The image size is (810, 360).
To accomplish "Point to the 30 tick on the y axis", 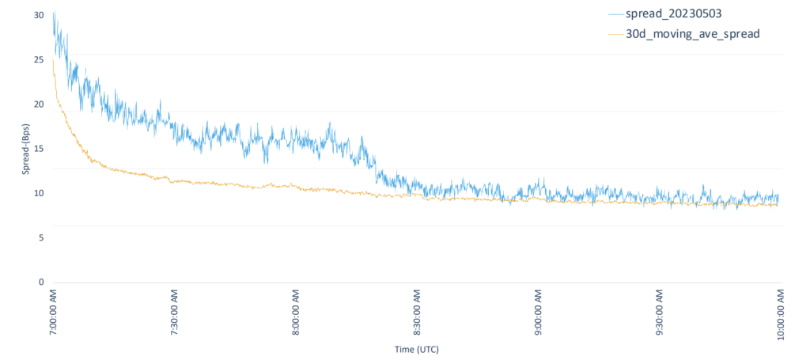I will [40, 15].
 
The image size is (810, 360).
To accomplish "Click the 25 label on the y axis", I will [40, 59].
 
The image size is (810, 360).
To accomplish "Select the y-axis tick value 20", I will [40, 104].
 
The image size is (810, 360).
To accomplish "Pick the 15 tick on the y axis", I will [40, 149].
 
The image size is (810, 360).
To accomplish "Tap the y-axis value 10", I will [40, 193].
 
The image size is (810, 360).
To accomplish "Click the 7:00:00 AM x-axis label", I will [53, 313].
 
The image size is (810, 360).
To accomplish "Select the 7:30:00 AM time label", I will [174, 313].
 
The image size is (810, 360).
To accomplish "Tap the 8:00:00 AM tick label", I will [296, 313].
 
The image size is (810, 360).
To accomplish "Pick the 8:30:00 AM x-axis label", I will [417, 313].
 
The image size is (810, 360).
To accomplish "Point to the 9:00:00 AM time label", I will [538, 313].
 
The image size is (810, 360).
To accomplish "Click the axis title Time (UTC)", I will [416, 349].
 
